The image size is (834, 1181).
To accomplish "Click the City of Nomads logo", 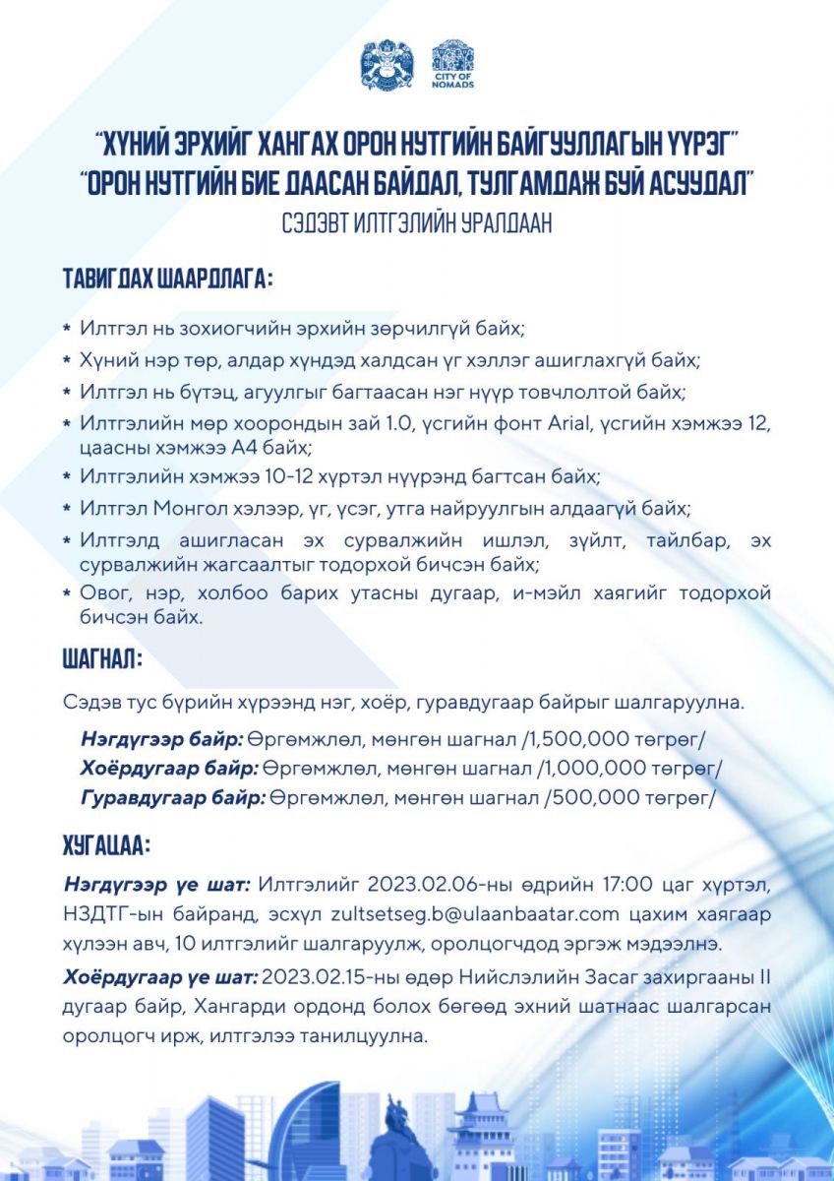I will tap(452, 64).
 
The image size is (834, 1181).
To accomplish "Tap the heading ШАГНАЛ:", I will tap(103, 658).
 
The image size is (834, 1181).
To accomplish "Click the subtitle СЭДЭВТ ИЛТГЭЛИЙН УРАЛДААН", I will tap(416, 223).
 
